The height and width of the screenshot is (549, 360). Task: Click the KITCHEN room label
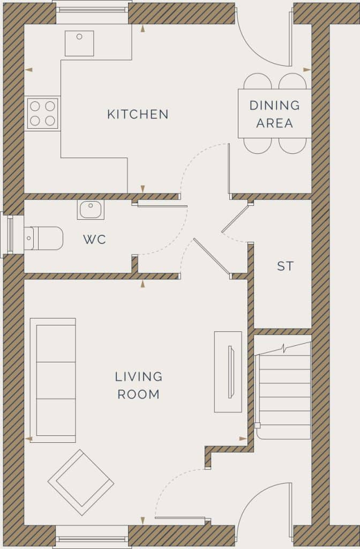click(138, 114)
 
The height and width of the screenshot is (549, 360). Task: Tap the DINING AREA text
click(274, 114)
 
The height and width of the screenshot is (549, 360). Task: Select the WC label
click(94, 240)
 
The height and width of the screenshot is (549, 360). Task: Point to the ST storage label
click(285, 266)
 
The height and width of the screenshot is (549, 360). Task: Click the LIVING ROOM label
click(138, 385)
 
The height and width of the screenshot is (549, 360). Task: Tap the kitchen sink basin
click(79, 43)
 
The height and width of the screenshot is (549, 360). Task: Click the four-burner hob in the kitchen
click(42, 113)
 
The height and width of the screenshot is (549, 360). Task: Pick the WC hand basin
click(91, 209)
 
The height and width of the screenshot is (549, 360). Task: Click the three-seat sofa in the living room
click(53, 380)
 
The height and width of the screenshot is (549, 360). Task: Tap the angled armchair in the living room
click(81, 482)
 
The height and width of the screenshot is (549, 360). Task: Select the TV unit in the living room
click(228, 372)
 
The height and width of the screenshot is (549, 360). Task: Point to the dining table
click(274, 113)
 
